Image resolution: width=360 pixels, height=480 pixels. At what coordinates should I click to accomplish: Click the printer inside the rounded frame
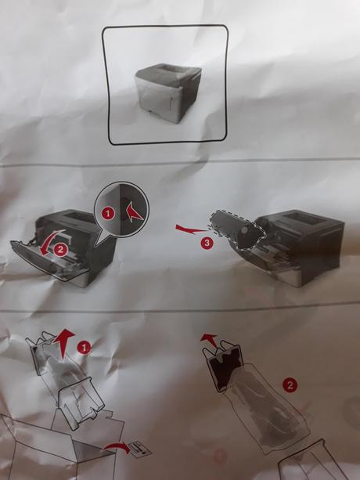167,92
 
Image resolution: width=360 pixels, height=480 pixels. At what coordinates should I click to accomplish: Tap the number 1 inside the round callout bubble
108,213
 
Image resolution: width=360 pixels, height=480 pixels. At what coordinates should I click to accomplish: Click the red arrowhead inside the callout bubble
133,212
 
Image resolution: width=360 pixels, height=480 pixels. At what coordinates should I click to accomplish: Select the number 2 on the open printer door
60,250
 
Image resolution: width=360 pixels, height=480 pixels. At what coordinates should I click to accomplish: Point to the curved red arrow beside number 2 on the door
49,242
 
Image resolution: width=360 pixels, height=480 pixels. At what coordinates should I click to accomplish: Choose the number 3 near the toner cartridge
207,243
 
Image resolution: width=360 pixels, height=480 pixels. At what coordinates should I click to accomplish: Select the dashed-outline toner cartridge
237,229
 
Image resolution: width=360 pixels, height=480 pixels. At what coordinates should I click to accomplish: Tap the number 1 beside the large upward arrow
84,348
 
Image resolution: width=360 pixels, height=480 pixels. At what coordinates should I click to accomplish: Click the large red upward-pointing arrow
64,342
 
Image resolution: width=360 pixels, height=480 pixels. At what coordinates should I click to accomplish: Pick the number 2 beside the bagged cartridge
290,384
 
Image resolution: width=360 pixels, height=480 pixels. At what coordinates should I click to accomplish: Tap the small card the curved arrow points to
140,449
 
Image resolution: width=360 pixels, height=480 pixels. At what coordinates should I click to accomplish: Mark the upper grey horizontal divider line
180,162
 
